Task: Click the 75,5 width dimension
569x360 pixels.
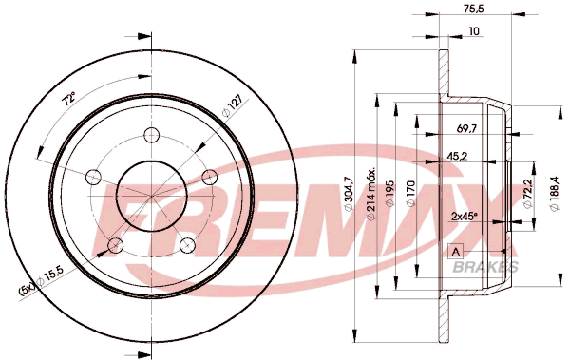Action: [474, 9]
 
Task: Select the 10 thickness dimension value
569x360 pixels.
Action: [474, 31]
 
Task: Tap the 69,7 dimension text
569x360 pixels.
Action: [466, 128]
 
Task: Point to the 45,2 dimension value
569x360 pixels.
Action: [457, 156]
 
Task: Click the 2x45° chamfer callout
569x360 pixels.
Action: [464, 217]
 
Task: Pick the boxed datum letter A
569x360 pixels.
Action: [456, 251]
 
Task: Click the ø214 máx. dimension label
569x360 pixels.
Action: [371, 194]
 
